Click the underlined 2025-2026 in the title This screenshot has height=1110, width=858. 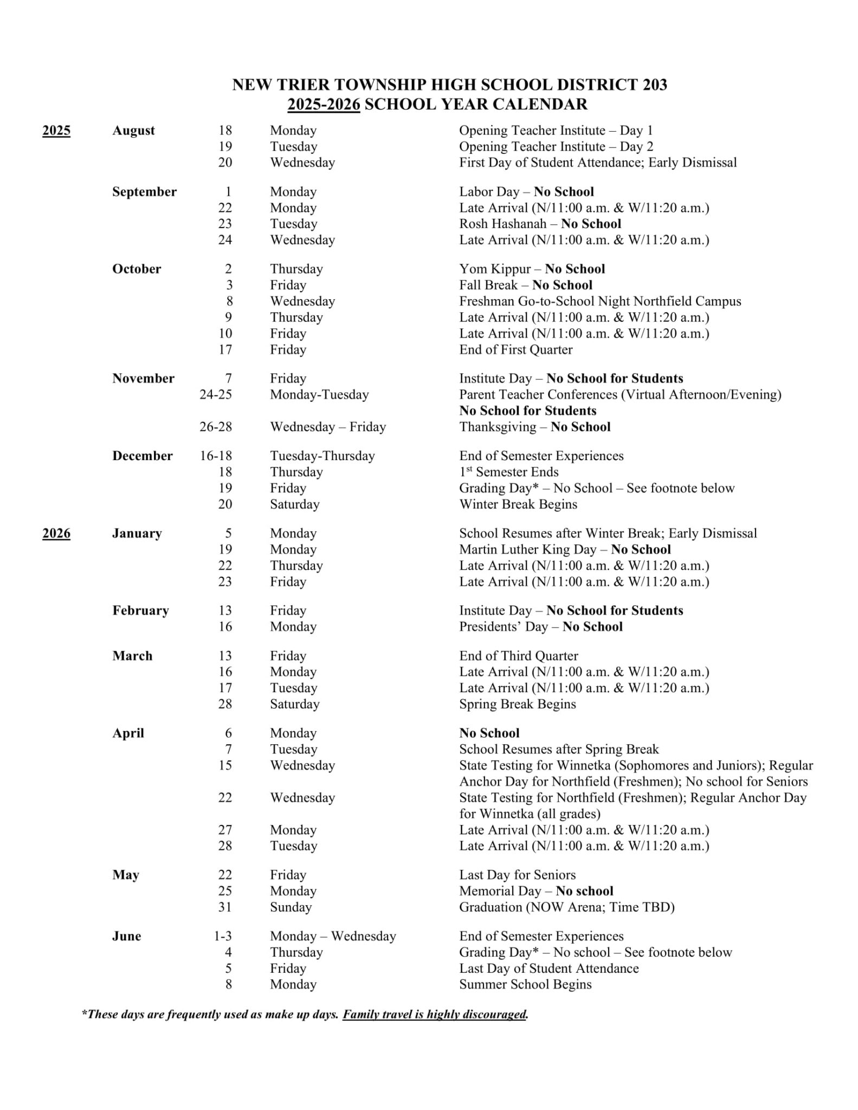[x=324, y=104]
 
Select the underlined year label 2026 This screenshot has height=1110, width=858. [x=56, y=533]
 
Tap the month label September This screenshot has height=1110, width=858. [x=144, y=192]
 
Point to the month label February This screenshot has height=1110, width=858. [x=140, y=611]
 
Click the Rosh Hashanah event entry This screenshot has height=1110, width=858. [x=540, y=224]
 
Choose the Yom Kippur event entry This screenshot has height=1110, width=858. [x=532, y=269]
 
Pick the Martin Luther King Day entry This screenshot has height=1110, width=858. [x=565, y=550]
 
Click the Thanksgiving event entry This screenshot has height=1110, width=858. [x=534, y=427]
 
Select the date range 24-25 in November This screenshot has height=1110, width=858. [x=215, y=395]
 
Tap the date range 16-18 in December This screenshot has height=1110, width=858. [x=215, y=456]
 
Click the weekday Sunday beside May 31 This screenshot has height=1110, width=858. [x=291, y=907]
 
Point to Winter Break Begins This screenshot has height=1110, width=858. [x=518, y=505]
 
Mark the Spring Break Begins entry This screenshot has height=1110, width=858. [x=517, y=704]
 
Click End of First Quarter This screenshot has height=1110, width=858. [x=515, y=350]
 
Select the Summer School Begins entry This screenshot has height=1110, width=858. [x=525, y=984]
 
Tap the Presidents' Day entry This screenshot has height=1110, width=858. [x=540, y=627]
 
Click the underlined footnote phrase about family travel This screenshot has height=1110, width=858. [x=435, y=1014]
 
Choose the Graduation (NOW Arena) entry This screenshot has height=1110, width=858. [x=566, y=907]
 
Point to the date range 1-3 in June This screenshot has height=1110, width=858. [x=223, y=936]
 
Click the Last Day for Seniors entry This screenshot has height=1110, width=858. [x=517, y=875]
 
